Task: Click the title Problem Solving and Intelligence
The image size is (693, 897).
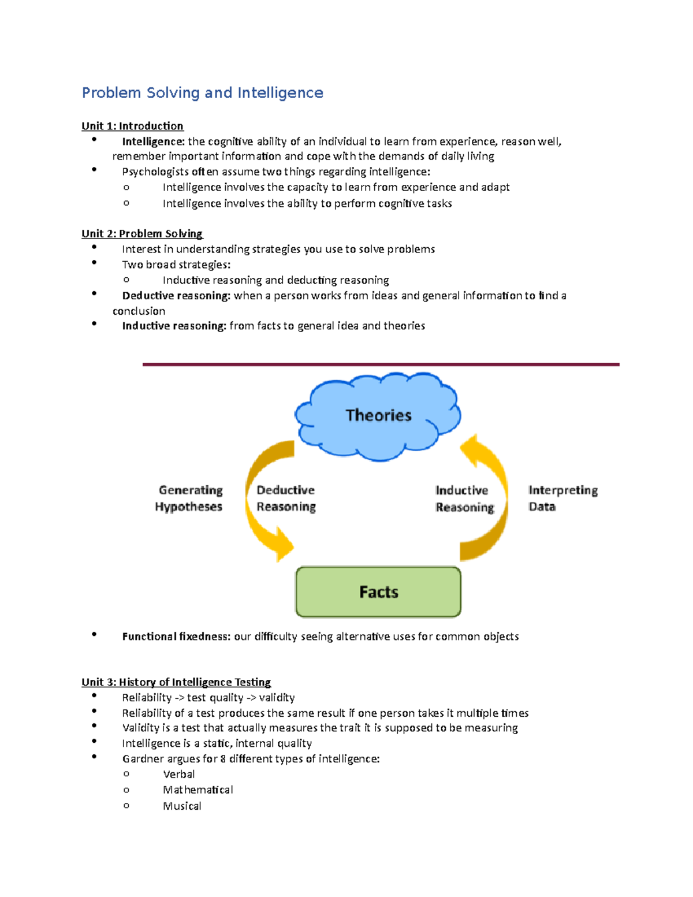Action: pos(202,93)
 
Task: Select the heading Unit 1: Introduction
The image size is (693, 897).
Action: pos(132,126)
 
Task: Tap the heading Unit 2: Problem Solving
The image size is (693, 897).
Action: pos(141,233)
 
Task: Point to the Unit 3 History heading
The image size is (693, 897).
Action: pos(176,682)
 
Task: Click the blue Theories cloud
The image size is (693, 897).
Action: pos(378,415)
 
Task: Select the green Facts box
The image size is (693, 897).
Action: pos(378,592)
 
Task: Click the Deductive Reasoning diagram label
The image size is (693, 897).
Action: pos(286,498)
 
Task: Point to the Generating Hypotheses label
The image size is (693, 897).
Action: pos(189,498)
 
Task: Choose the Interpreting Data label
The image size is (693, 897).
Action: pos(562,498)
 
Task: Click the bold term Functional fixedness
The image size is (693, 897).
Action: pos(176,637)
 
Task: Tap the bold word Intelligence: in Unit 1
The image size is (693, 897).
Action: pos(153,142)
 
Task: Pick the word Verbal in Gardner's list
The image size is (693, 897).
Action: pos(179,775)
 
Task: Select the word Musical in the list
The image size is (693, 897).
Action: pos(182,806)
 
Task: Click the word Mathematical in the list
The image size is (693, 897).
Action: pos(198,790)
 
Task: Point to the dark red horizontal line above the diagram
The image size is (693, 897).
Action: pos(381,364)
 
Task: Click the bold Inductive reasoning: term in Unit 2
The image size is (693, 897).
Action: pos(174,326)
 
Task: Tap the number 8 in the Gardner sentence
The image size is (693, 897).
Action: pos(223,759)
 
